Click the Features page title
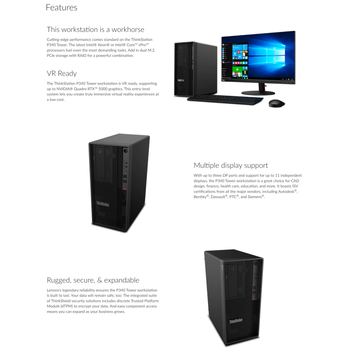pos(62,8)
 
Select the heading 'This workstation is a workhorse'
pos(95,30)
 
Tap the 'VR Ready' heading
pos(62,73)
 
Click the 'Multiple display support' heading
pos(231,166)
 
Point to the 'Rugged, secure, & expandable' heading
pos(93,280)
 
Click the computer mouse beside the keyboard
pos(277,103)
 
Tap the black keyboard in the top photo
pos(225,100)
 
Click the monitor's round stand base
pos(258,93)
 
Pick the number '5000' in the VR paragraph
pos(103,89)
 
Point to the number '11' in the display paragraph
pos(277,175)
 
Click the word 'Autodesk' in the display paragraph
pos(286,192)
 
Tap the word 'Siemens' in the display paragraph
pos(255,197)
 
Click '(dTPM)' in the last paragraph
pos(67,306)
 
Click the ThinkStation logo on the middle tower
pos(103,204)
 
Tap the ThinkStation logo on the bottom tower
pos(236,321)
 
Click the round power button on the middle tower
pos(126,151)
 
